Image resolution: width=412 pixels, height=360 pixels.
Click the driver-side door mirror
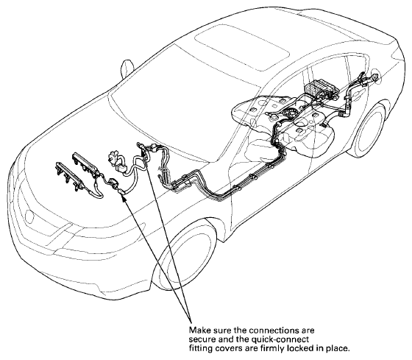click(127, 68)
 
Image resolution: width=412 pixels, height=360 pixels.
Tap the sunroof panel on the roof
click(242, 47)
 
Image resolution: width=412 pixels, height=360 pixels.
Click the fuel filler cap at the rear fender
click(375, 77)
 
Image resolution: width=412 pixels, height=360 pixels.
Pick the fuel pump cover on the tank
click(288, 113)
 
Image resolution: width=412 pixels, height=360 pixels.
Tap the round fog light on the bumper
click(29, 216)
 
